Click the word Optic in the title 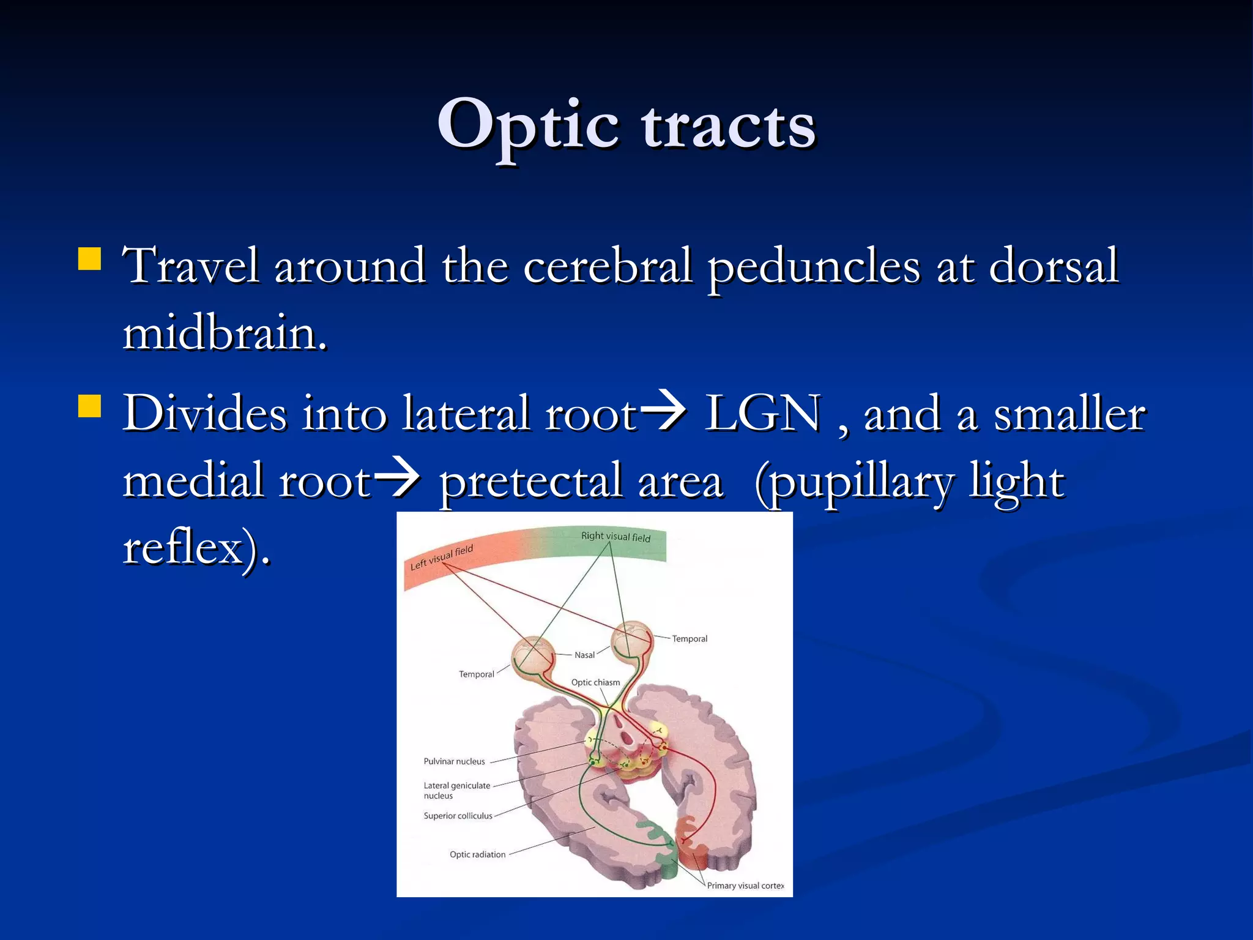click(x=527, y=127)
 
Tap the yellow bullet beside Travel click(x=89, y=259)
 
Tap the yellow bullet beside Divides click(x=89, y=406)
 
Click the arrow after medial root click(x=396, y=479)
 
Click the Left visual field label click(x=441, y=557)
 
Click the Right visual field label click(x=615, y=537)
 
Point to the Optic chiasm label click(x=595, y=682)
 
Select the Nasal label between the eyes click(x=584, y=655)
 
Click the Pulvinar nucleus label click(x=454, y=761)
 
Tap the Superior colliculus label click(x=458, y=816)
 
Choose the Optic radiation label click(x=477, y=854)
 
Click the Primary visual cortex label click(x=745, y=886)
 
